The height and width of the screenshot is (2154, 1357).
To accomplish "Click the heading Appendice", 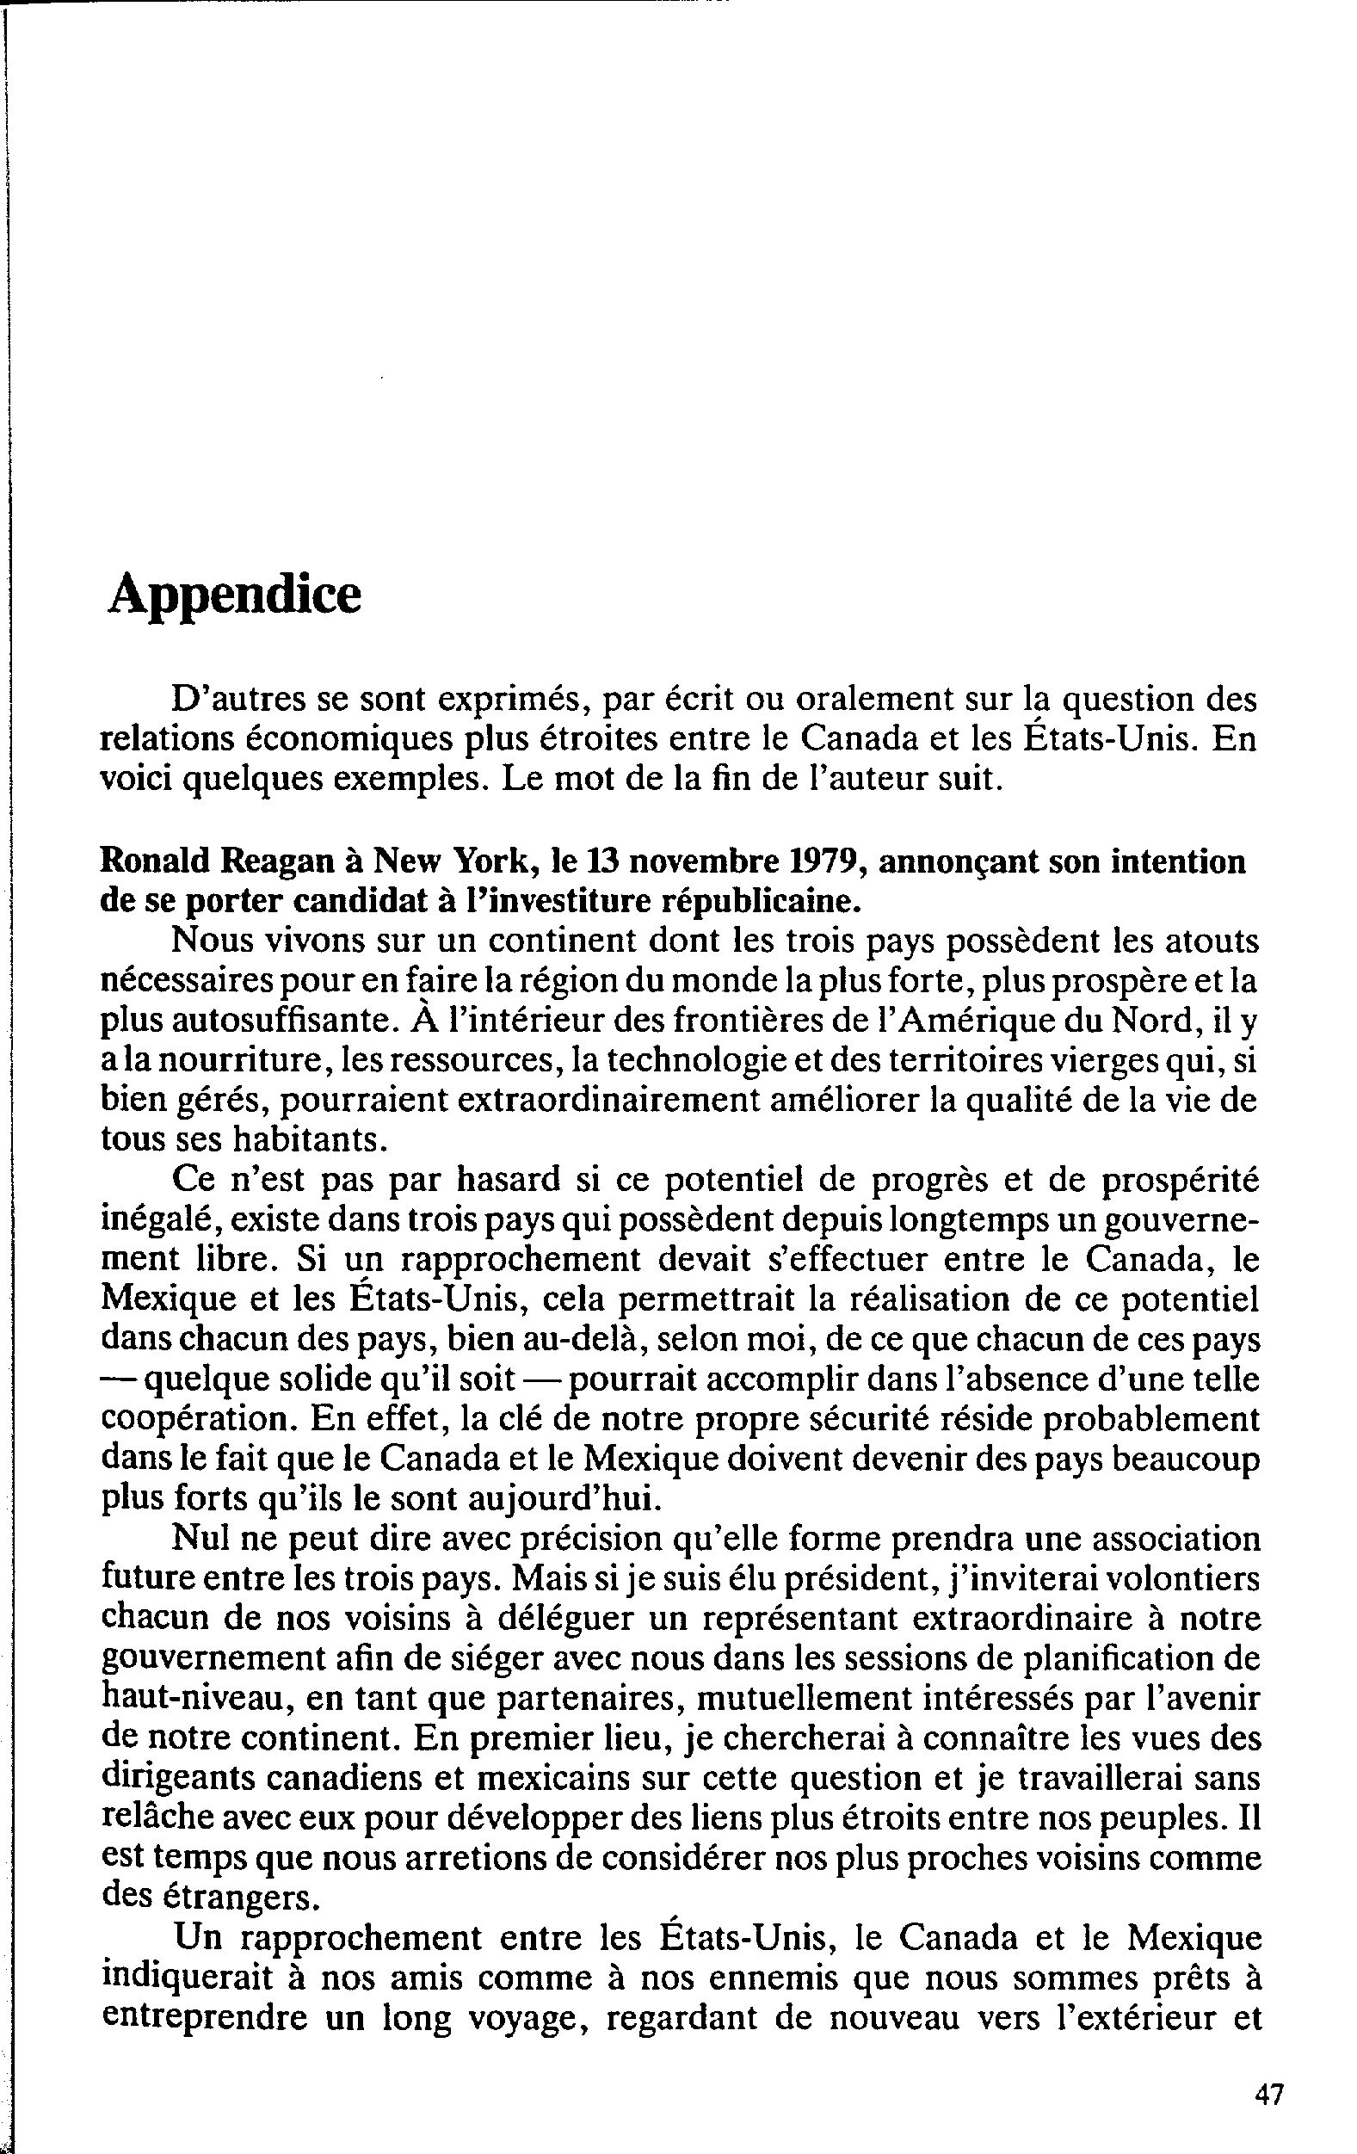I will click(x=234, y=595).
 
